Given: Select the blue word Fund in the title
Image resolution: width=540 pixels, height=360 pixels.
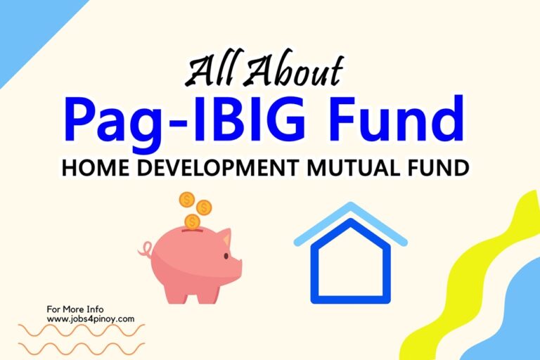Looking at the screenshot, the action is click(397, 118).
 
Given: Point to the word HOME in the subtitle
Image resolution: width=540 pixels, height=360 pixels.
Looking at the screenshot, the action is click(96, 168).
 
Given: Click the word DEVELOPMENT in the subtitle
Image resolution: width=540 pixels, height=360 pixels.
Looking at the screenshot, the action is click(219, 168).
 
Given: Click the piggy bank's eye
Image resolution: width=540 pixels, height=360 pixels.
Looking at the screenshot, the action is click(226, 256).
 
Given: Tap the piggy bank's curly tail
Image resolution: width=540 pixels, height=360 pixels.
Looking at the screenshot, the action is click(146, 249).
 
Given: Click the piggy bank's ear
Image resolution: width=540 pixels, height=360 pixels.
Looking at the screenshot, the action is click(227, 237).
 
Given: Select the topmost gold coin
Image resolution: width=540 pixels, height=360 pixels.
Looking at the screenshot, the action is click(187, 200).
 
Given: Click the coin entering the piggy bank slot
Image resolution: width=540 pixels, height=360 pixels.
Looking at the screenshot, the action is click(192, 222).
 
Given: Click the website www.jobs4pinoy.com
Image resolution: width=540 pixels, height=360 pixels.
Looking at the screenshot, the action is click(91, 319).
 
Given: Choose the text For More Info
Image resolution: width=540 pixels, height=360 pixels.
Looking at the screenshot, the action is click(75, 309).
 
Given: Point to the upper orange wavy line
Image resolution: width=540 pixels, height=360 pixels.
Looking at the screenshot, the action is click(82, 330).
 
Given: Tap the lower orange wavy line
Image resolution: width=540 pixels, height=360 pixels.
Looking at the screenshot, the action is click(82, 349).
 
